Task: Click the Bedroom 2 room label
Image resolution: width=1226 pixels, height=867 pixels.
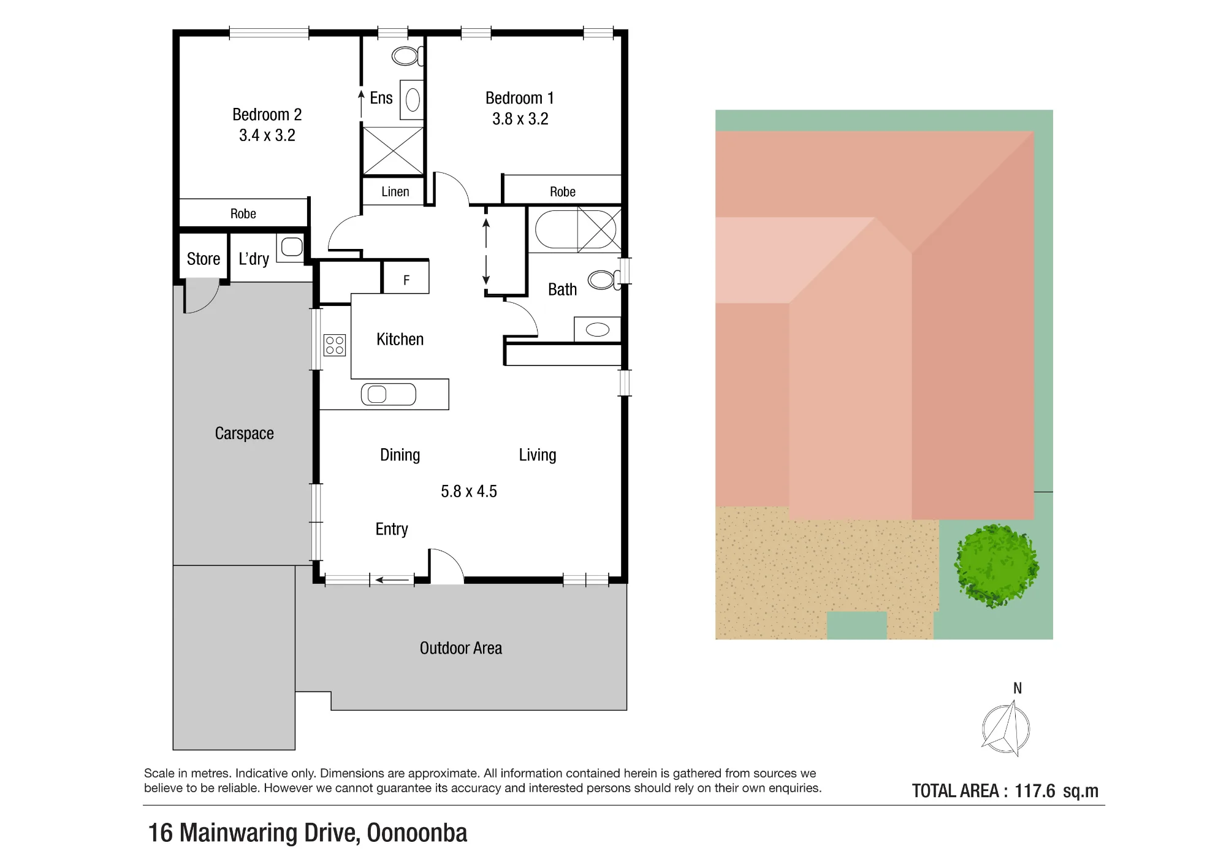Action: [x=267, y=115]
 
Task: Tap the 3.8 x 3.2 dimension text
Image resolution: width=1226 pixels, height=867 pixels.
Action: [x=520, y=119]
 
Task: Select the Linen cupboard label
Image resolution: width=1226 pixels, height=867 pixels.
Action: [x=395, y=192]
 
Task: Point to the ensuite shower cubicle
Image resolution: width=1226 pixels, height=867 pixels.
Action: [x=393, y=151]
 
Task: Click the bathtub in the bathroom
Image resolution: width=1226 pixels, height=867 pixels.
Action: [x=557, y=229]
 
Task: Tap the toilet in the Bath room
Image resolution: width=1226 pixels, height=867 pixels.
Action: [x=604, y=280]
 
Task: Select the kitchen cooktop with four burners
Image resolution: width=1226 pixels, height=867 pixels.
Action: [x=334, y=345]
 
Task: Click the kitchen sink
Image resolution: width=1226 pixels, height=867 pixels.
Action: [x=388, y=394]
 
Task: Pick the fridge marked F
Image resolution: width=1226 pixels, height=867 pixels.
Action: [x=406, y=277]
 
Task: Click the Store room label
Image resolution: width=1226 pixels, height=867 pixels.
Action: [x=204, y=259]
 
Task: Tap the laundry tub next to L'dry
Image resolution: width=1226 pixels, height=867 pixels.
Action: [x=291, y=247]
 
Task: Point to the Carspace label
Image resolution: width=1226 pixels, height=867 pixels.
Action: [x=244, y=433]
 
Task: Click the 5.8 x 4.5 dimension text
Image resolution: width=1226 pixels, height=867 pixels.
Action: [x=469, y=492]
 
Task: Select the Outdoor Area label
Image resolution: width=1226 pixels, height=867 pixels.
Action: [x=461, y=648]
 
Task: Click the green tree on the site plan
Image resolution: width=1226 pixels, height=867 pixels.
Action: [x=996, y=565]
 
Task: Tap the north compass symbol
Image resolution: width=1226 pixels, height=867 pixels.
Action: [x=1006, y=729]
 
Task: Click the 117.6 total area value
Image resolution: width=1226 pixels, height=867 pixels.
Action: [x=1035, y=791]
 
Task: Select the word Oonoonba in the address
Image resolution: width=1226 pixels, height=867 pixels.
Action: [x=417, y=833]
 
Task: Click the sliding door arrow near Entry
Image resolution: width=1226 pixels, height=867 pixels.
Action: [x=392, y=579]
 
